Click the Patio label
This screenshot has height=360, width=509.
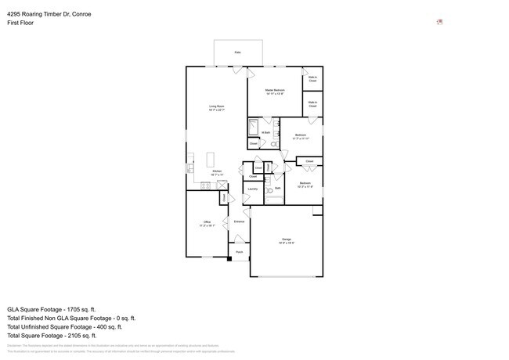[x=237, y=52]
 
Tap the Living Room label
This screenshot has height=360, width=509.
[x=216, y=106]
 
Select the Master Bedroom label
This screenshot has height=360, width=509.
[x=274, y=91]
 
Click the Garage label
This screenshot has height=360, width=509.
[x=287, y=239]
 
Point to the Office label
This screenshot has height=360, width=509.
[x=208, y=222]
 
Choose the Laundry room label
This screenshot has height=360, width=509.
[x=253, y=189]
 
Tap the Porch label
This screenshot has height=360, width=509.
[x=239, y=252]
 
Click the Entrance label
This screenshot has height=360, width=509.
[x=239, y=221]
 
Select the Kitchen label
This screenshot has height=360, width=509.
[x=216, y=171]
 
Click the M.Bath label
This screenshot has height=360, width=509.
[x=266, y=133]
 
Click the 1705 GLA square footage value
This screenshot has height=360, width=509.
[x=81, y=309]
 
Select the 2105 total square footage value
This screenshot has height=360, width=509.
[x=81, y=336]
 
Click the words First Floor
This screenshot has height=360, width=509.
[x=20, y=23]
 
